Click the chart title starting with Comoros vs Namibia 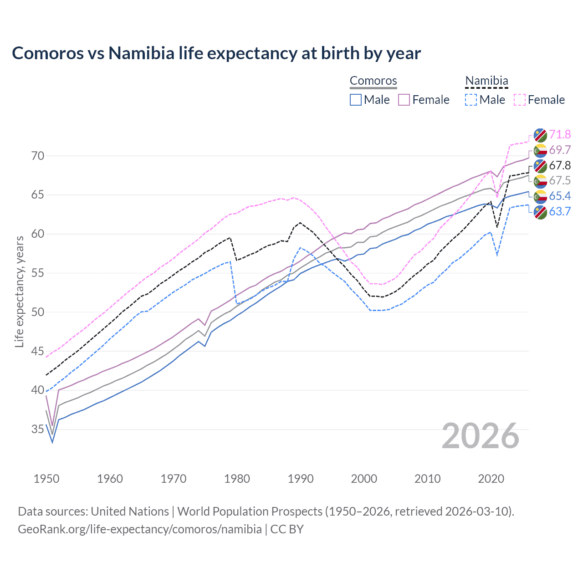pos(216,53)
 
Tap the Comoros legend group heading pos(373,81)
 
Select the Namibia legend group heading pos(486,81)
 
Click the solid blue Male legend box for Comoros pos(356,100)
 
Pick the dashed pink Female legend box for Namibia pos(520,100)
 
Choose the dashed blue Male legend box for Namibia pos(471,100)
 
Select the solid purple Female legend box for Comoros pos(404,100)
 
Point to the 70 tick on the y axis pos(38,156)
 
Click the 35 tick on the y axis pos(38,429)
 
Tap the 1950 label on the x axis pos(46,479)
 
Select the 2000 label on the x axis pos(364,479)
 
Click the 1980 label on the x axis pos(237,479)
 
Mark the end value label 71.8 pos(560,134)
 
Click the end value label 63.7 pos(560,211)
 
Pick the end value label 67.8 pos(560,165)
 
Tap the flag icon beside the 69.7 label pos(540,150)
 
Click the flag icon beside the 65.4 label pos(540,196)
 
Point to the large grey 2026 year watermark pos(481,436)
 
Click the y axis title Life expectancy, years pos(19,291)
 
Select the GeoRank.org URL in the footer pos(139,529)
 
